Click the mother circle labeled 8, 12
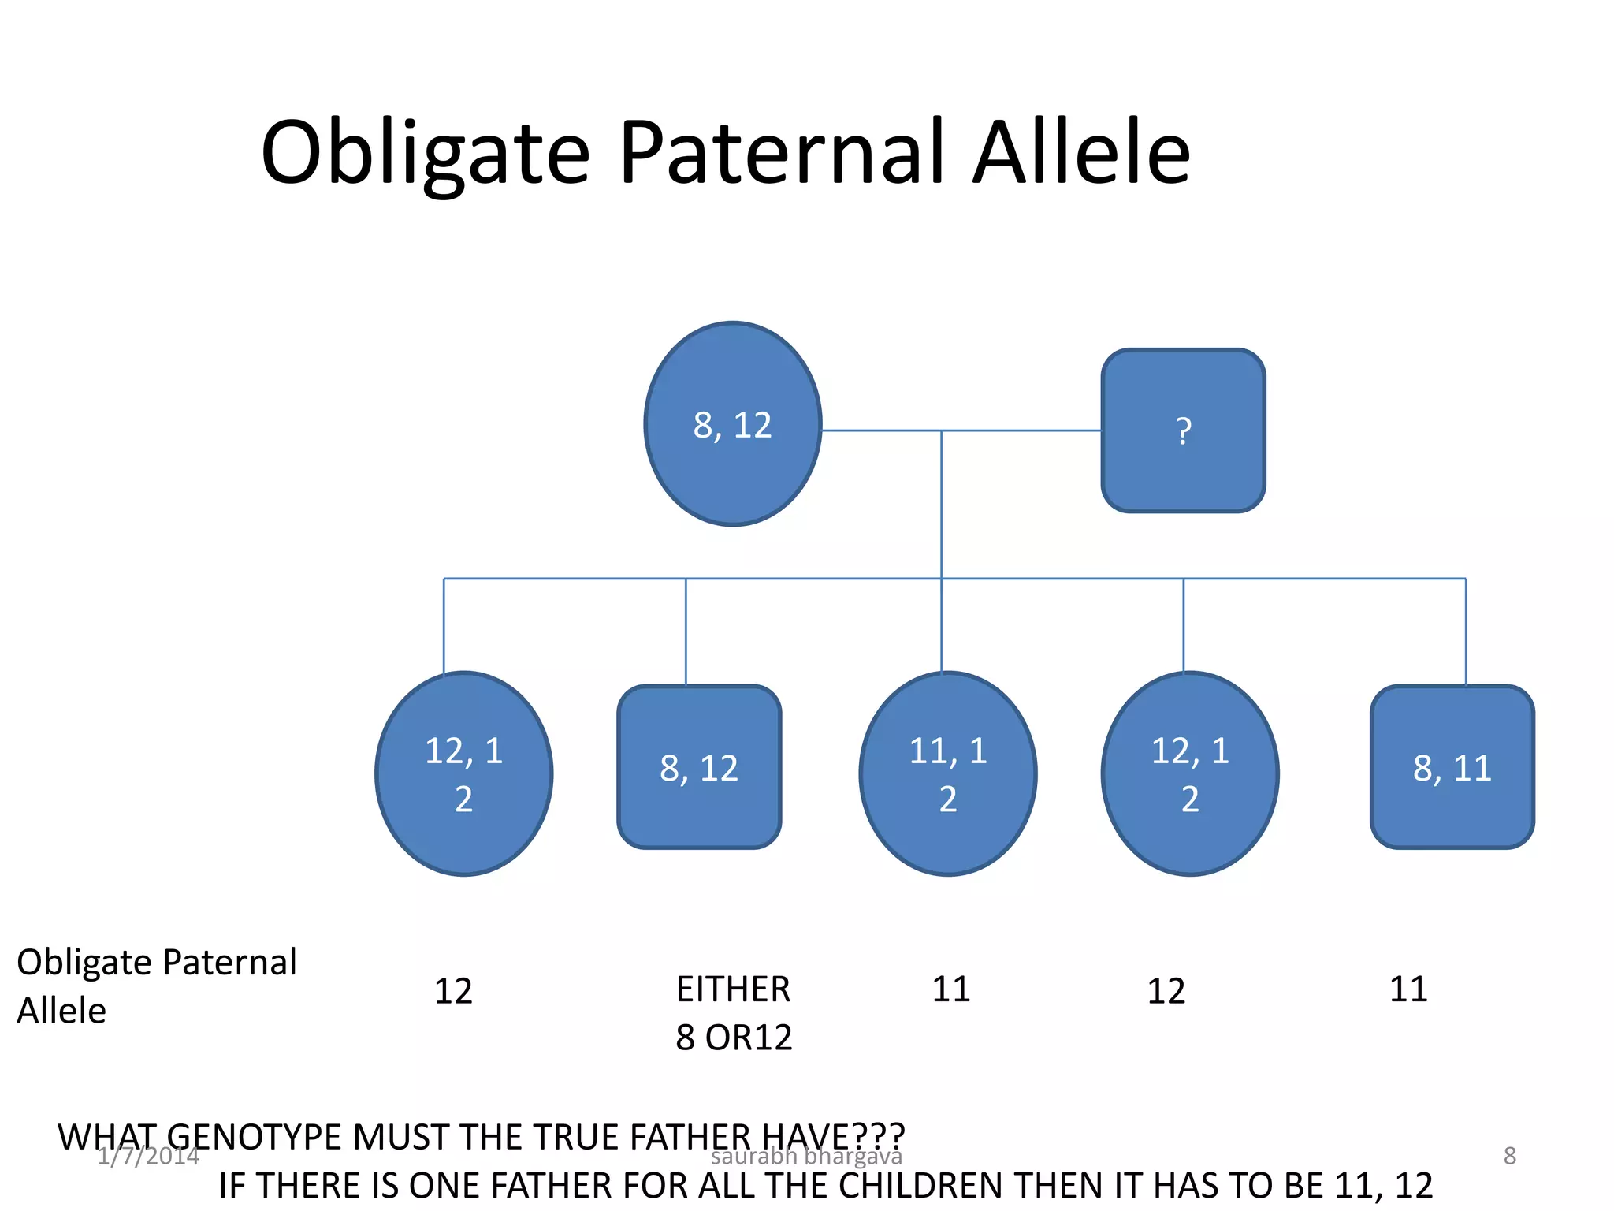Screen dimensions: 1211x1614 pyautogui.click(x=733, y=424)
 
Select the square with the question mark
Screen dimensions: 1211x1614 pyautogui.click(x=1183, y=430)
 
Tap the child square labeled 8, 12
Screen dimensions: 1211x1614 pyautogui.click(x=699, y=767)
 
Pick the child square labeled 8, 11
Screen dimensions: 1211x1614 pyautogui.click(x=1452, y=767)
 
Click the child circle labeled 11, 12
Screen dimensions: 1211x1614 pyautogui.click(x=948, y=773)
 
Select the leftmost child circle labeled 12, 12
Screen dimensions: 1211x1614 pyautogui.click(x=464, y=773)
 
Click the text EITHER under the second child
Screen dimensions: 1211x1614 pyautogui.click(x=733, y=989)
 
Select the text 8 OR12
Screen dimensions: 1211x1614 pyautogui.click(x=733, y=1038)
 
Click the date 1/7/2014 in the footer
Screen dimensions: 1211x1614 pyautogui.click(x=148, y=1156)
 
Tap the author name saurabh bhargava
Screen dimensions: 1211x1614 pyautogui.click(x=806, y=1157)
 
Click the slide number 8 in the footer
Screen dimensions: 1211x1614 pyautogui.click(x=1509, y=1156)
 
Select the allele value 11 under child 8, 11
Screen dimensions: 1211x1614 pyautogui.click(x=1408, y=989)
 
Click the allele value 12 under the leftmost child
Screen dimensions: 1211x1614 pyautogui.click(x=453, y=991)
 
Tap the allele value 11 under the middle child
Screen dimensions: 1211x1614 pyautogui.click(x=950, y=989)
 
